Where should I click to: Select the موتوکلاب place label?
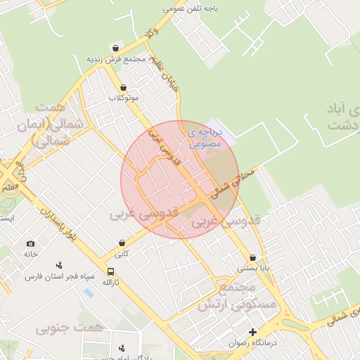point(123,98)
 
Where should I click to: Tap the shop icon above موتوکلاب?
point(124,87)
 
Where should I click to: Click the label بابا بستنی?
point(252,268)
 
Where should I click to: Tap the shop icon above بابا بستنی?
point(252,257)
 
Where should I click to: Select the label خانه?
point(30,254)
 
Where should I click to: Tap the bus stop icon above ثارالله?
point(110,271)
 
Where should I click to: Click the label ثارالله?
point(110,282)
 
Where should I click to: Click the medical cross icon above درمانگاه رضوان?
point(253,332)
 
